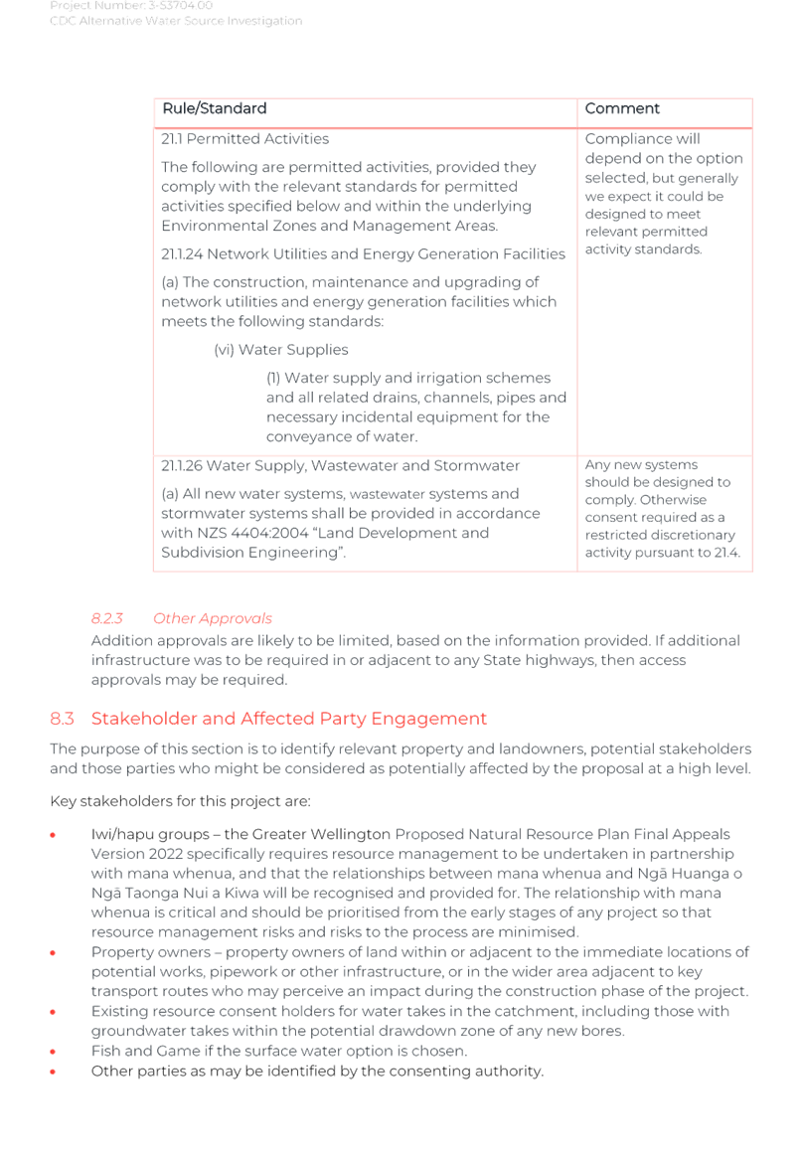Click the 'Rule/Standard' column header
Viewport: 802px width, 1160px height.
pyautogui.click(x=214, y=108)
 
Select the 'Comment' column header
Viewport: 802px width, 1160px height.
pyautogui.click(x=622, y=108)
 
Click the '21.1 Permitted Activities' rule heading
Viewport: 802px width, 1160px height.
pyautogui.click(x=244, y=138)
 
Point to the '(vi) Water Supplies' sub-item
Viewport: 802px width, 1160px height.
pyautogui.click(x=281, y=350)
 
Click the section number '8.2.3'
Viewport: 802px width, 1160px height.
pyautogui.click(x=106, y=618)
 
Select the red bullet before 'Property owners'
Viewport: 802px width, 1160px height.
pyautogui.click(x=53, y=952)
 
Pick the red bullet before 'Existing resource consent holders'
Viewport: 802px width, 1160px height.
pyautogui.click(x=53, y=1011)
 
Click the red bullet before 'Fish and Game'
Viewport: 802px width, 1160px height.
pyautogui.click(x=53, y=1050)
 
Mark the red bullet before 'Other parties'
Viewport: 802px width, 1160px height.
pyautogui.click(x=53, y=1071)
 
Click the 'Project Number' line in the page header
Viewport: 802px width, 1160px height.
pyautogui.click(x=131, y=6)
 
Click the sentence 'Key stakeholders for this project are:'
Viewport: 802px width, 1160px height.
pyautogui.click(x=180, y=801)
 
